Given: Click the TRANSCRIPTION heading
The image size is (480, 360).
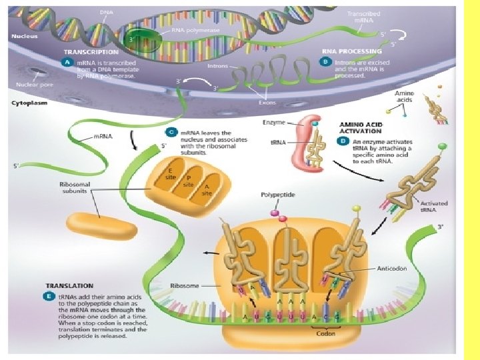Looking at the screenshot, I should coord(91,51).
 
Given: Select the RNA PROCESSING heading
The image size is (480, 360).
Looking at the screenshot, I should coord(352,51).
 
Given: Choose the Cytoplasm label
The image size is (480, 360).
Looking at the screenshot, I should coord(31,103).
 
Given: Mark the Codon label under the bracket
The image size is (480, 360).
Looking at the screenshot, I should coord(326,333).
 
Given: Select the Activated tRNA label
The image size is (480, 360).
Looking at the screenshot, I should coord(434,207).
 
